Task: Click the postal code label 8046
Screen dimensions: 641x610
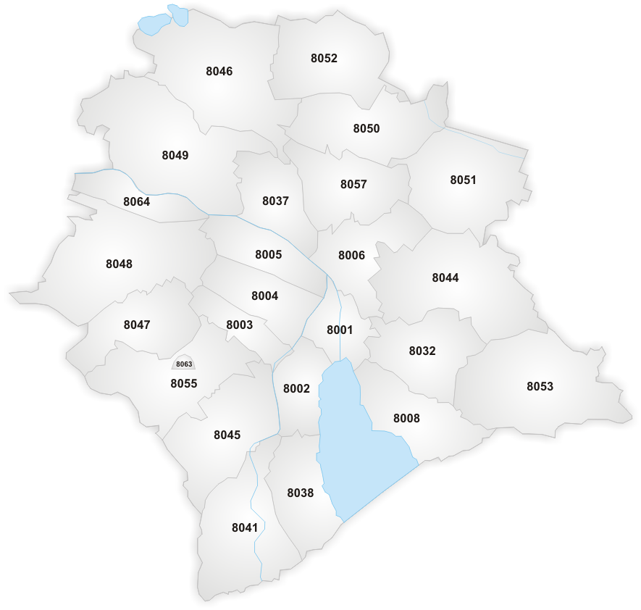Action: pos(219,71)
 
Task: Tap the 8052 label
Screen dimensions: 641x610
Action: pos(324,58)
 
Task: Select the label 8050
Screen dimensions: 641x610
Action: pos(366,128)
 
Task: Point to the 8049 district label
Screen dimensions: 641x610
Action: pos(175,155)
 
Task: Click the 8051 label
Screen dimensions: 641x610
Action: pos(463,180)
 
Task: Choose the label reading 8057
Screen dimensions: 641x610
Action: pos(353,184)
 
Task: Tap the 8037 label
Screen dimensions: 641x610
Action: pos(275,201)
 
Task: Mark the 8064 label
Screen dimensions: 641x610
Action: pos(136,201)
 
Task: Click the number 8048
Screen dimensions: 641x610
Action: pos(119,264)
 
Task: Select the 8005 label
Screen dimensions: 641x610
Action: pos(268,254)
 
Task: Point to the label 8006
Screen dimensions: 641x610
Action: pos(351,255)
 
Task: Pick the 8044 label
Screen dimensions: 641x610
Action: pos(445,277)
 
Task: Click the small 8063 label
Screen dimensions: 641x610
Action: pos(184,364)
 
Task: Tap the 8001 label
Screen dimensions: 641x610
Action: pos(339,330)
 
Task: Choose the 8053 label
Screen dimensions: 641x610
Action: pos(540,386)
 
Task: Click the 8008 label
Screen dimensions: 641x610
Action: pos(406,418)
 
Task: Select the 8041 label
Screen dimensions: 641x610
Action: pos(245,527)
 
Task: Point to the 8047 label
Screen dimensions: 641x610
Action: pos(136,324)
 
